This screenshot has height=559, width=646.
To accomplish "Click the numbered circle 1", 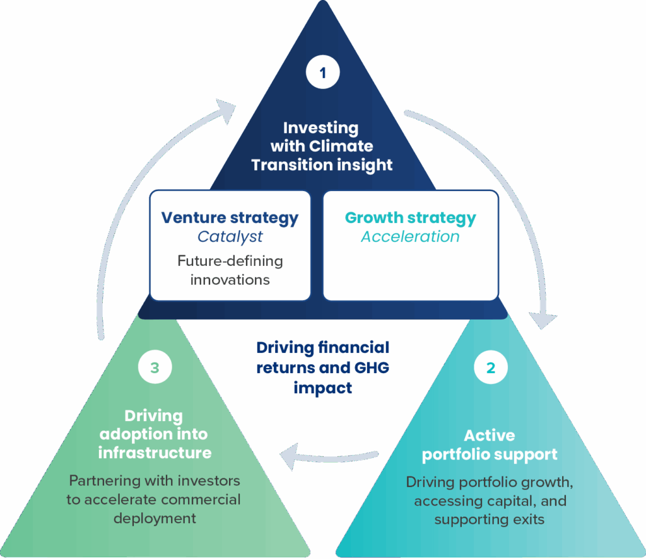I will point(322,73).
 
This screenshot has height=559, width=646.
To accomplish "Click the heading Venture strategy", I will point(230,218).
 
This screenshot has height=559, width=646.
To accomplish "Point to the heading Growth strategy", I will point(410,218).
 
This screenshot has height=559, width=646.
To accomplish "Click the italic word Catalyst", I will point(230,237).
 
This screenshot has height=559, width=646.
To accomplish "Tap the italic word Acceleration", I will point(410,237).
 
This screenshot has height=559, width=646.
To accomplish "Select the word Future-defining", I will point(230,261).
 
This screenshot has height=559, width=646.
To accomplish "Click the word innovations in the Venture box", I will point(230,279).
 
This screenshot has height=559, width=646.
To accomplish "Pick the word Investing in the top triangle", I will point(320,128).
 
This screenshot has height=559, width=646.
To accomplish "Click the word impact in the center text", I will point(322,388).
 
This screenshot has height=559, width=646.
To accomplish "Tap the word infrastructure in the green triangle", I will point(155,452).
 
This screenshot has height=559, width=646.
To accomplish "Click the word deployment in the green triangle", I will point(155,519).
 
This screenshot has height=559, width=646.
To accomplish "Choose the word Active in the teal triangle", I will point(490,435).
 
